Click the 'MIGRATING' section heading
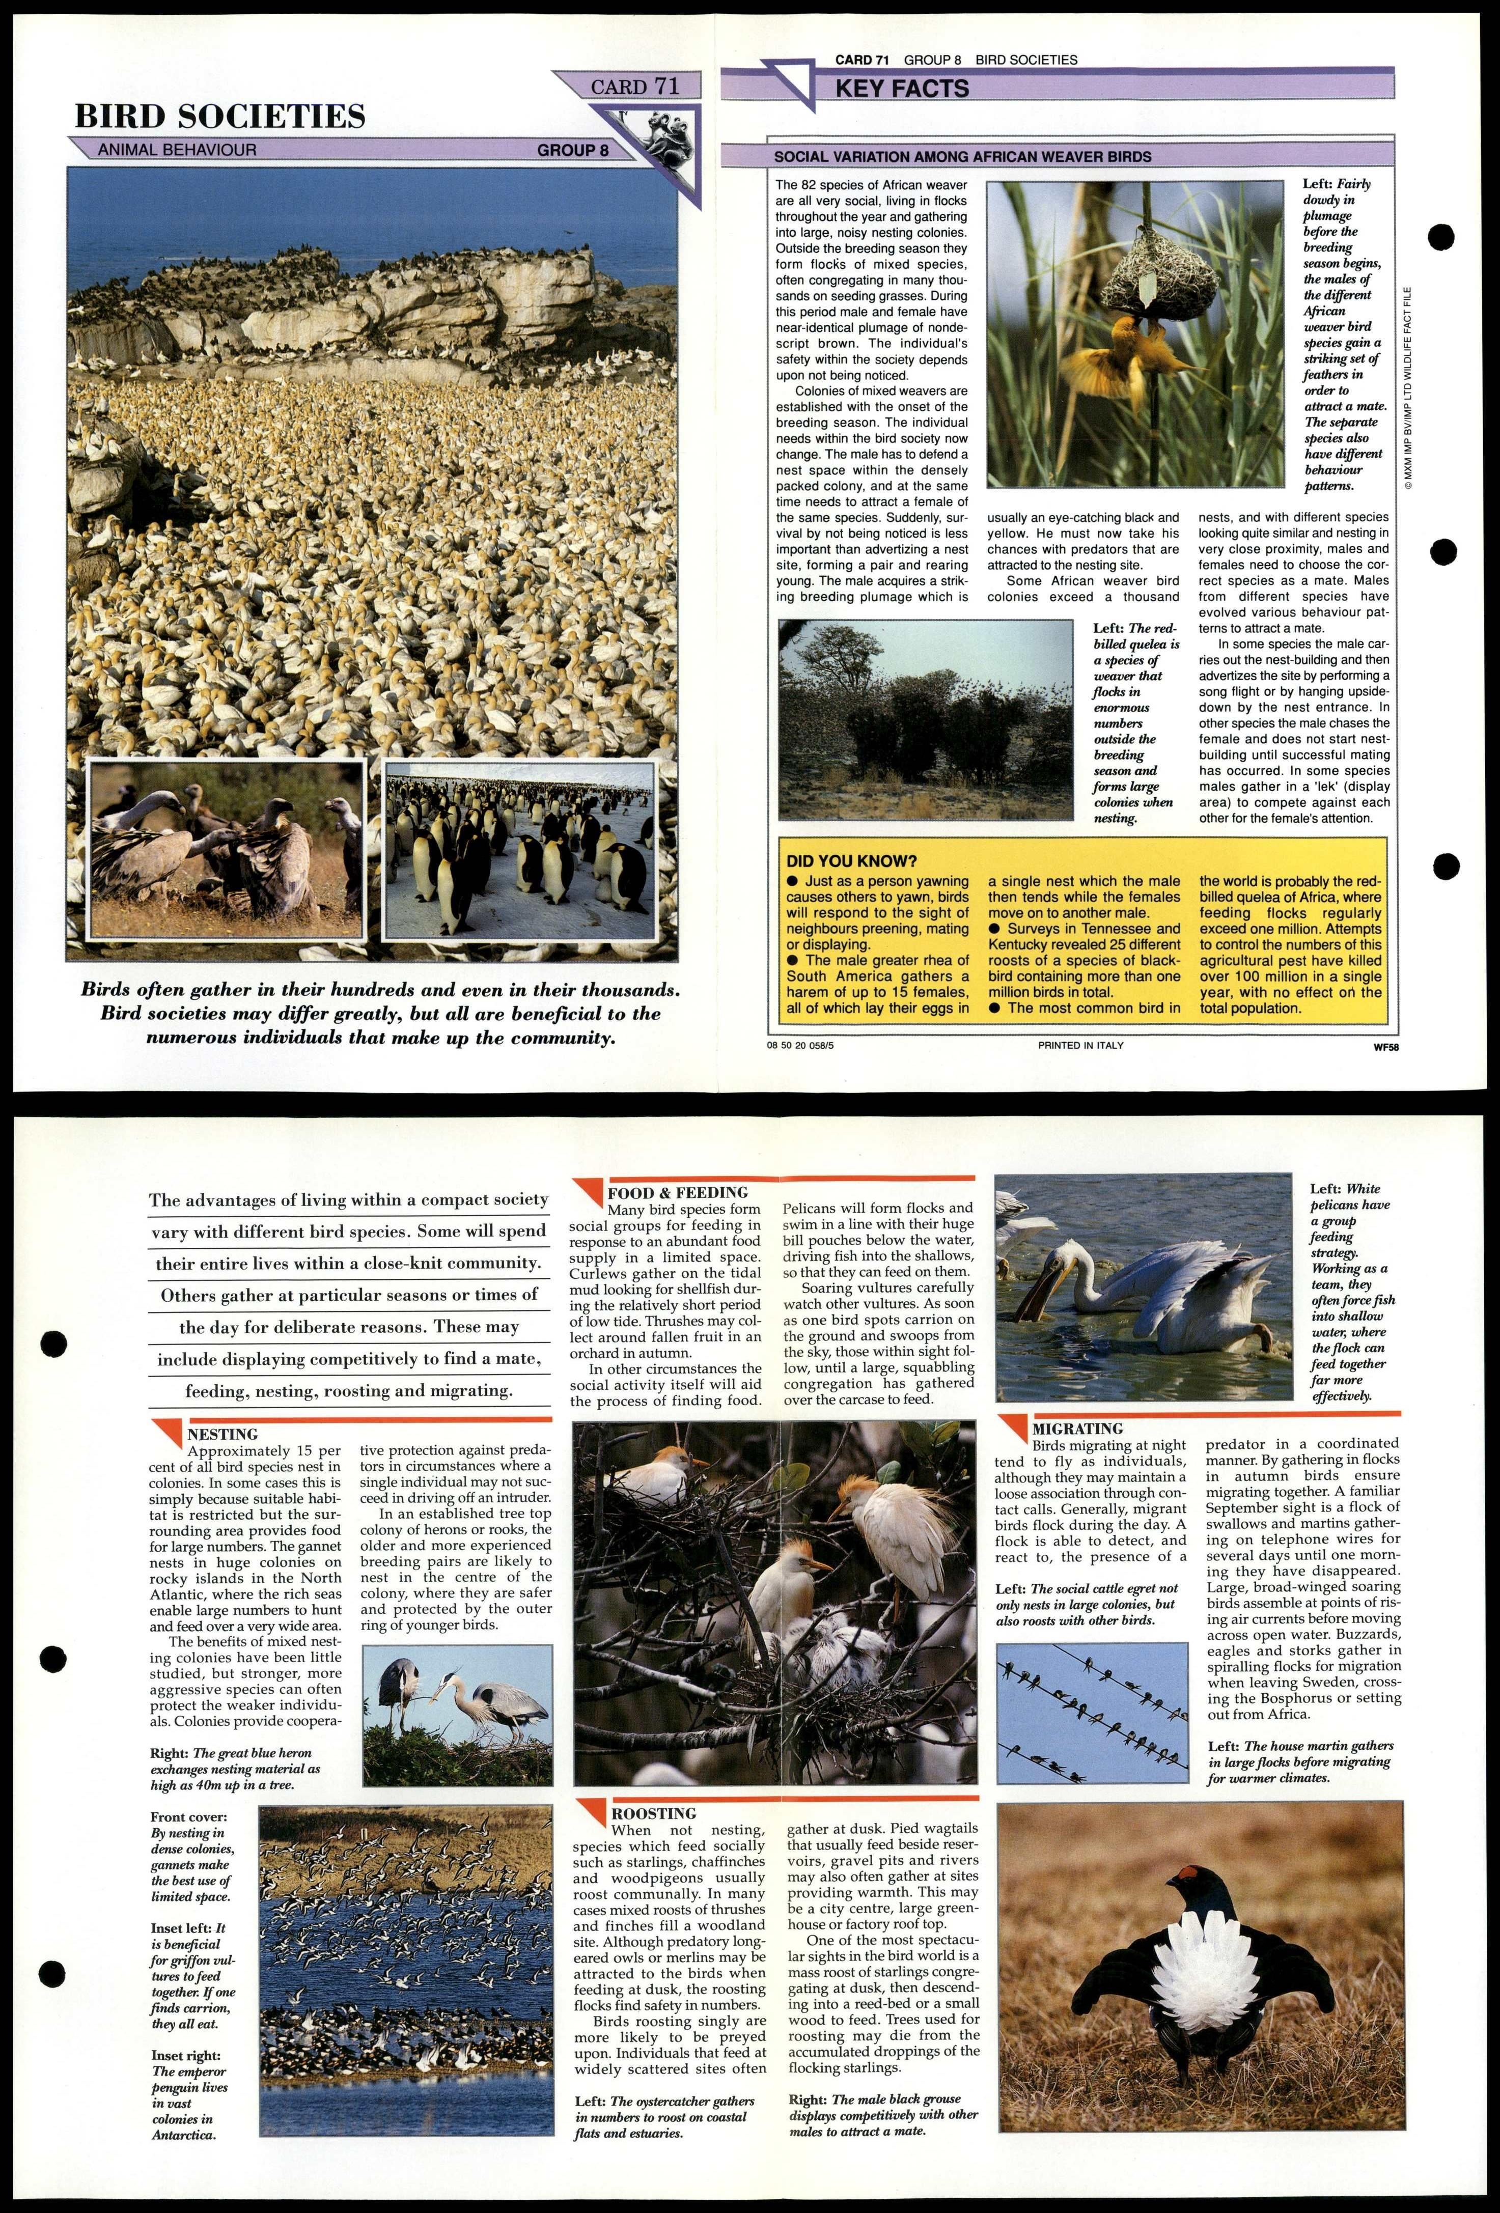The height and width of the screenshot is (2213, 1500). pos(1077,1428)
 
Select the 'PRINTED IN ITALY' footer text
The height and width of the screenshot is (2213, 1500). pos(1081,1045)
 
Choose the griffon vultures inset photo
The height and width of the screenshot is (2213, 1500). pos(226,849)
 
